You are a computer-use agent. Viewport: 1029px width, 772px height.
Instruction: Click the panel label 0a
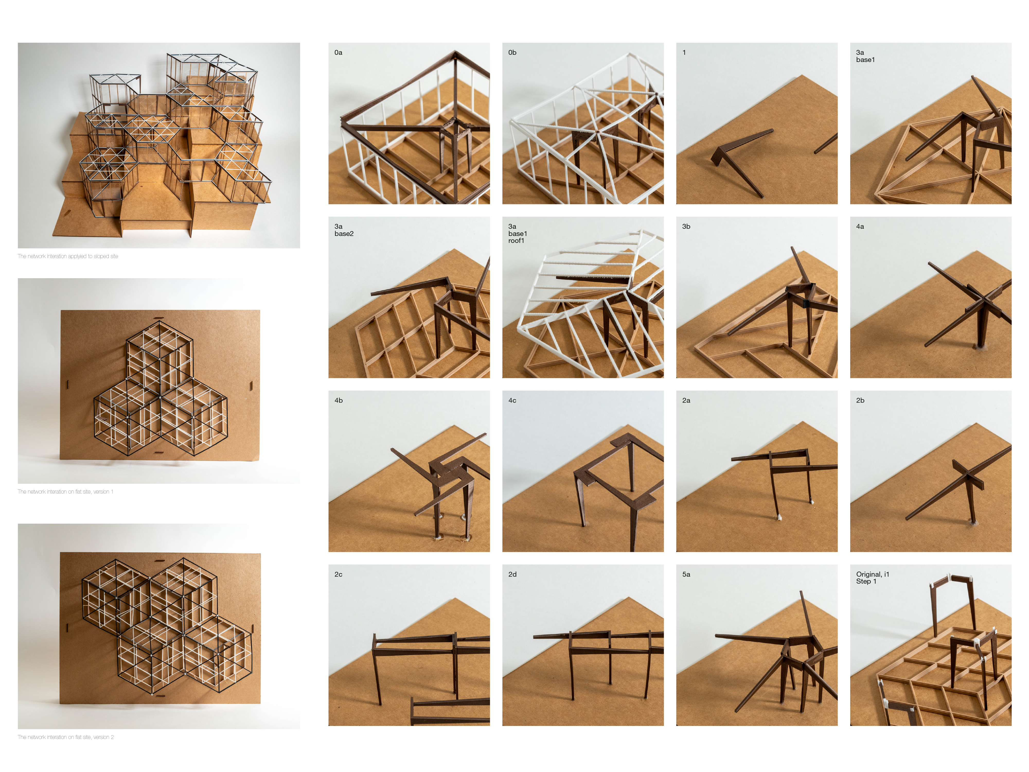[338, 52]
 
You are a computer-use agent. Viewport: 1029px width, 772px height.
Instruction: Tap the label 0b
[512, 52]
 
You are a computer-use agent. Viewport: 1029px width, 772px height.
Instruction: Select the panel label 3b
[686, 227]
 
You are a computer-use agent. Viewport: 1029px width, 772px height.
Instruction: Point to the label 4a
[860, 227]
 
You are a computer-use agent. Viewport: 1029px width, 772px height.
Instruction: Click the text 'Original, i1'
[873, 574]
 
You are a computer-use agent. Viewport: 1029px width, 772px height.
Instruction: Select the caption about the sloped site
[68, 256]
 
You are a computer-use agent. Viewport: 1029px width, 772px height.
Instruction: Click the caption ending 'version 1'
[66, 492]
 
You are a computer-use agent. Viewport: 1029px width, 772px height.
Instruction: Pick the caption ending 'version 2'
[66, 737]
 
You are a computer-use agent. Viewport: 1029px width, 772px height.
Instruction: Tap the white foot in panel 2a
[778, 517]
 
